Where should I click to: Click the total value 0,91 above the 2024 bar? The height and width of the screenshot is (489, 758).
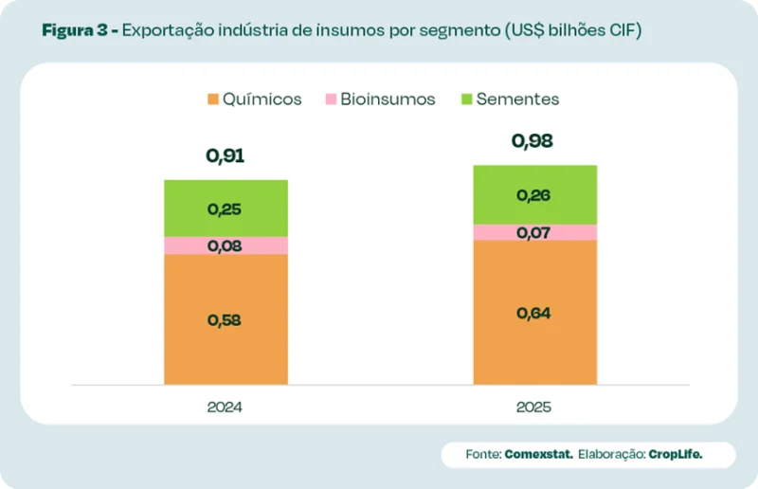226,155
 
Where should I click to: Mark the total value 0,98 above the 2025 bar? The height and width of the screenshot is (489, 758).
532,141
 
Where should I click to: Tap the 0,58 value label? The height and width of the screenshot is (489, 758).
225,320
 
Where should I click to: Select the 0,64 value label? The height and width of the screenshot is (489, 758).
534,314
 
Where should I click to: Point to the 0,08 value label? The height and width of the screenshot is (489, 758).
225,246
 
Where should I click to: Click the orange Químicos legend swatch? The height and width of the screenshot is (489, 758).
213,99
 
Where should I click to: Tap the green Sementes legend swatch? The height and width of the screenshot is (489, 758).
466,99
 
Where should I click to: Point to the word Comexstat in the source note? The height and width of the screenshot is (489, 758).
538,455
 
